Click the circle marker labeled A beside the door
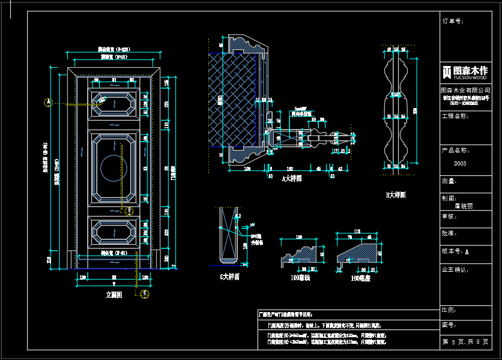[49, 103]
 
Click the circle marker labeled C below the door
[145, 293]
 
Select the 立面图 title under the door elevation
[113, 295]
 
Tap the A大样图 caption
[292, 178]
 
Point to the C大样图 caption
[230, 277]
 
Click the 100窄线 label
[300, 278]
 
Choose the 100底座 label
[361, 278]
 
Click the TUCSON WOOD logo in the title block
[466, 71]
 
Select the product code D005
[460, 163]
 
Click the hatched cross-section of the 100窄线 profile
[300, 256]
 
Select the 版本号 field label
[455, 251]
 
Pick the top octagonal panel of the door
[113, 103]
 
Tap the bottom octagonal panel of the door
[113, 231]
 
